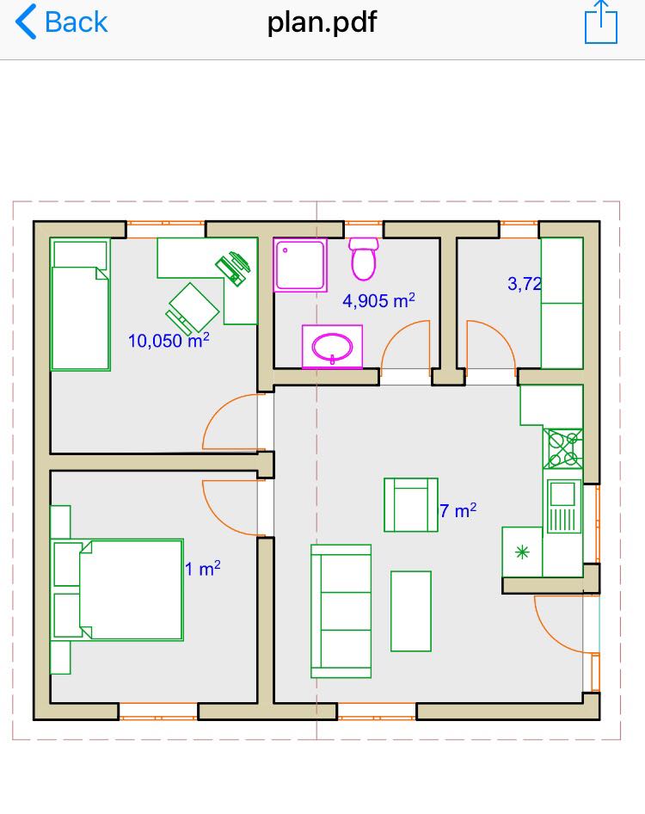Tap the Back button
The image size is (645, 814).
click(61, 22)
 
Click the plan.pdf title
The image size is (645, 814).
click(322, 23)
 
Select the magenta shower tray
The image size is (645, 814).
click(300, 265)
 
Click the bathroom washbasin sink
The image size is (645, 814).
click(332, 346)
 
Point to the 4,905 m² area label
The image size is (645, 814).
click(378, 300)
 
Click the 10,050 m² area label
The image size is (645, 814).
click(169, 341)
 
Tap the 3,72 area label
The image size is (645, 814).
click(524, 283)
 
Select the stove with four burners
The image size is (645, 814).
click(563, 448)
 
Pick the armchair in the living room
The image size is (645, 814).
click(411, 504)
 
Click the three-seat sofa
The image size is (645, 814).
click(341, 611)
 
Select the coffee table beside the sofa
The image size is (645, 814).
click(411, 611)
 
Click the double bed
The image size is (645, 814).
click(119, 589)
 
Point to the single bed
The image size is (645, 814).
click(81, 305)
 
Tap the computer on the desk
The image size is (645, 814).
click(233, 268)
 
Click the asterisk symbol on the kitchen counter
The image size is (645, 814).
click(522, 552)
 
